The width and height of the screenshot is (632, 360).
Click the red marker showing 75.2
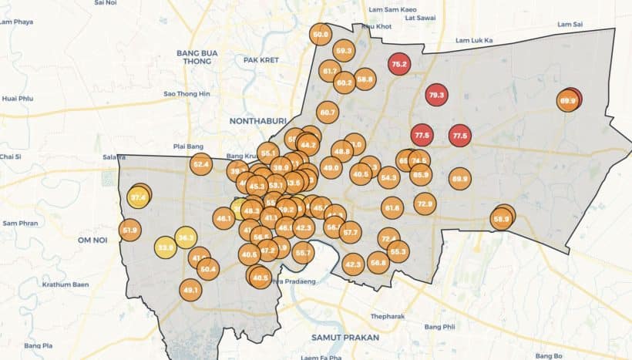(399, 64)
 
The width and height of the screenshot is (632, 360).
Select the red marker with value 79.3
(436, 96)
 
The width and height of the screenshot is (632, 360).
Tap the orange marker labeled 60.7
(328, 113)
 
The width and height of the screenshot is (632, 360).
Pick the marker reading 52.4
(201, 164)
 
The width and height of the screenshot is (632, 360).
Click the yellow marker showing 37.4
(139, 197)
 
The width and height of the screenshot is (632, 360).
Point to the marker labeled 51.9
(129, 230)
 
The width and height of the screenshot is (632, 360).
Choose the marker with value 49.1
(190, 291)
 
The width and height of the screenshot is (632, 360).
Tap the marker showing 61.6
(392, 207)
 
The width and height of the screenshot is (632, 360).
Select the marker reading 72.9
(424, 204)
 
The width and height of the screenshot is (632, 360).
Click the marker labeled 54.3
(388, 178)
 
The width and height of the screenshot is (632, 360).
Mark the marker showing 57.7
(350, 232)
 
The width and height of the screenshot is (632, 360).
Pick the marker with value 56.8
(378, 263)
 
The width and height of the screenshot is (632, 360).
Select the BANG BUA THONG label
(197, 57)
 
